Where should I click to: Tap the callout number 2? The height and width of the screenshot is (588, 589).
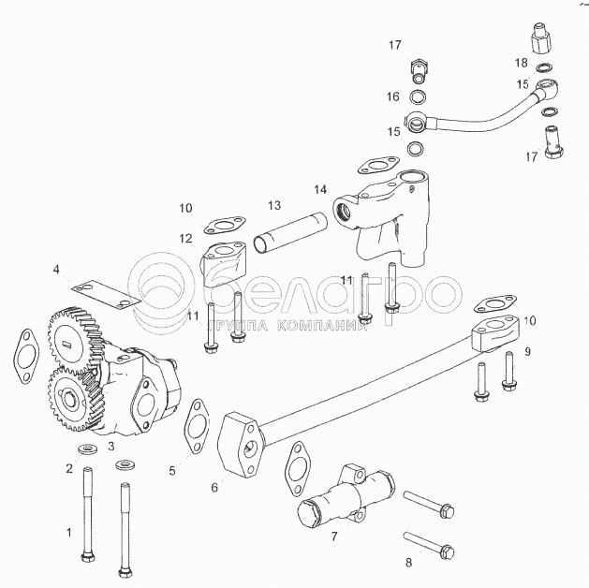coord(68,467)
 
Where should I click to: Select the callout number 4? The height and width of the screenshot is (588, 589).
coord(56,270)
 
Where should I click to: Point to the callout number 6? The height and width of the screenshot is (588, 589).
coord(214,487)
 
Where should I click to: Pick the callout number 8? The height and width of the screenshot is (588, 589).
coord(407,562)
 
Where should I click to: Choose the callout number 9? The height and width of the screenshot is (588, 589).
coord(527,351)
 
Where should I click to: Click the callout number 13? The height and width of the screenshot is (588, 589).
coord(273,205)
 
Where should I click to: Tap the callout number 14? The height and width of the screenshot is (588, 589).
coord(320,189)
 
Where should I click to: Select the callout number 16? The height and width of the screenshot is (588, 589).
coord(393,96)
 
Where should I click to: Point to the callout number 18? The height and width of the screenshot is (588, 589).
coord(521,63)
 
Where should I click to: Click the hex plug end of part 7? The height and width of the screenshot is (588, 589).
coord(312,514)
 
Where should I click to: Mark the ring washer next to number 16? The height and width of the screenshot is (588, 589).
coord(419,96)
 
